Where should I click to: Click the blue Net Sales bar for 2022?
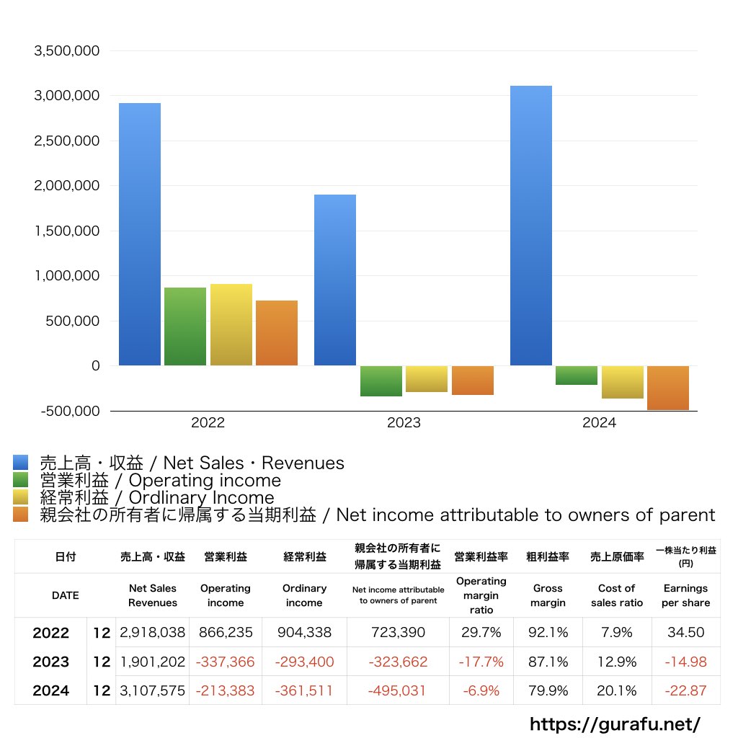pos(140,234)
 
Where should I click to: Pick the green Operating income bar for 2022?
pos(185,326)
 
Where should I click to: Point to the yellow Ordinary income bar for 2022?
pos(231,324)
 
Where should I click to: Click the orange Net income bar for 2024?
pos(668,388)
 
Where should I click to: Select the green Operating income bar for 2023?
pos(381,381)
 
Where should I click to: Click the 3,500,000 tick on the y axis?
pos(66,51)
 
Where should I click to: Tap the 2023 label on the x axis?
pos(404,423)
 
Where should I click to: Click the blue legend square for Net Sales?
pos(21,463)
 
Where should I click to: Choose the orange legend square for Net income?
pos(21,515)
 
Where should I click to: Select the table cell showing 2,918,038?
pos(153,633)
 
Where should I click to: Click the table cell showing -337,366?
pos(226,662)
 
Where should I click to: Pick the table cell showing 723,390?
pos(398,633)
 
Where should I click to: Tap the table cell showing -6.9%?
pos(481,690)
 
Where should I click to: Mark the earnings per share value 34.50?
pos(685,633)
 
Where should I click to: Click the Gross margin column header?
pos(548,595)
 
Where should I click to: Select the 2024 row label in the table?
pos(51,690)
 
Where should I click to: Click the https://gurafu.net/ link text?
pos(615,723)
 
